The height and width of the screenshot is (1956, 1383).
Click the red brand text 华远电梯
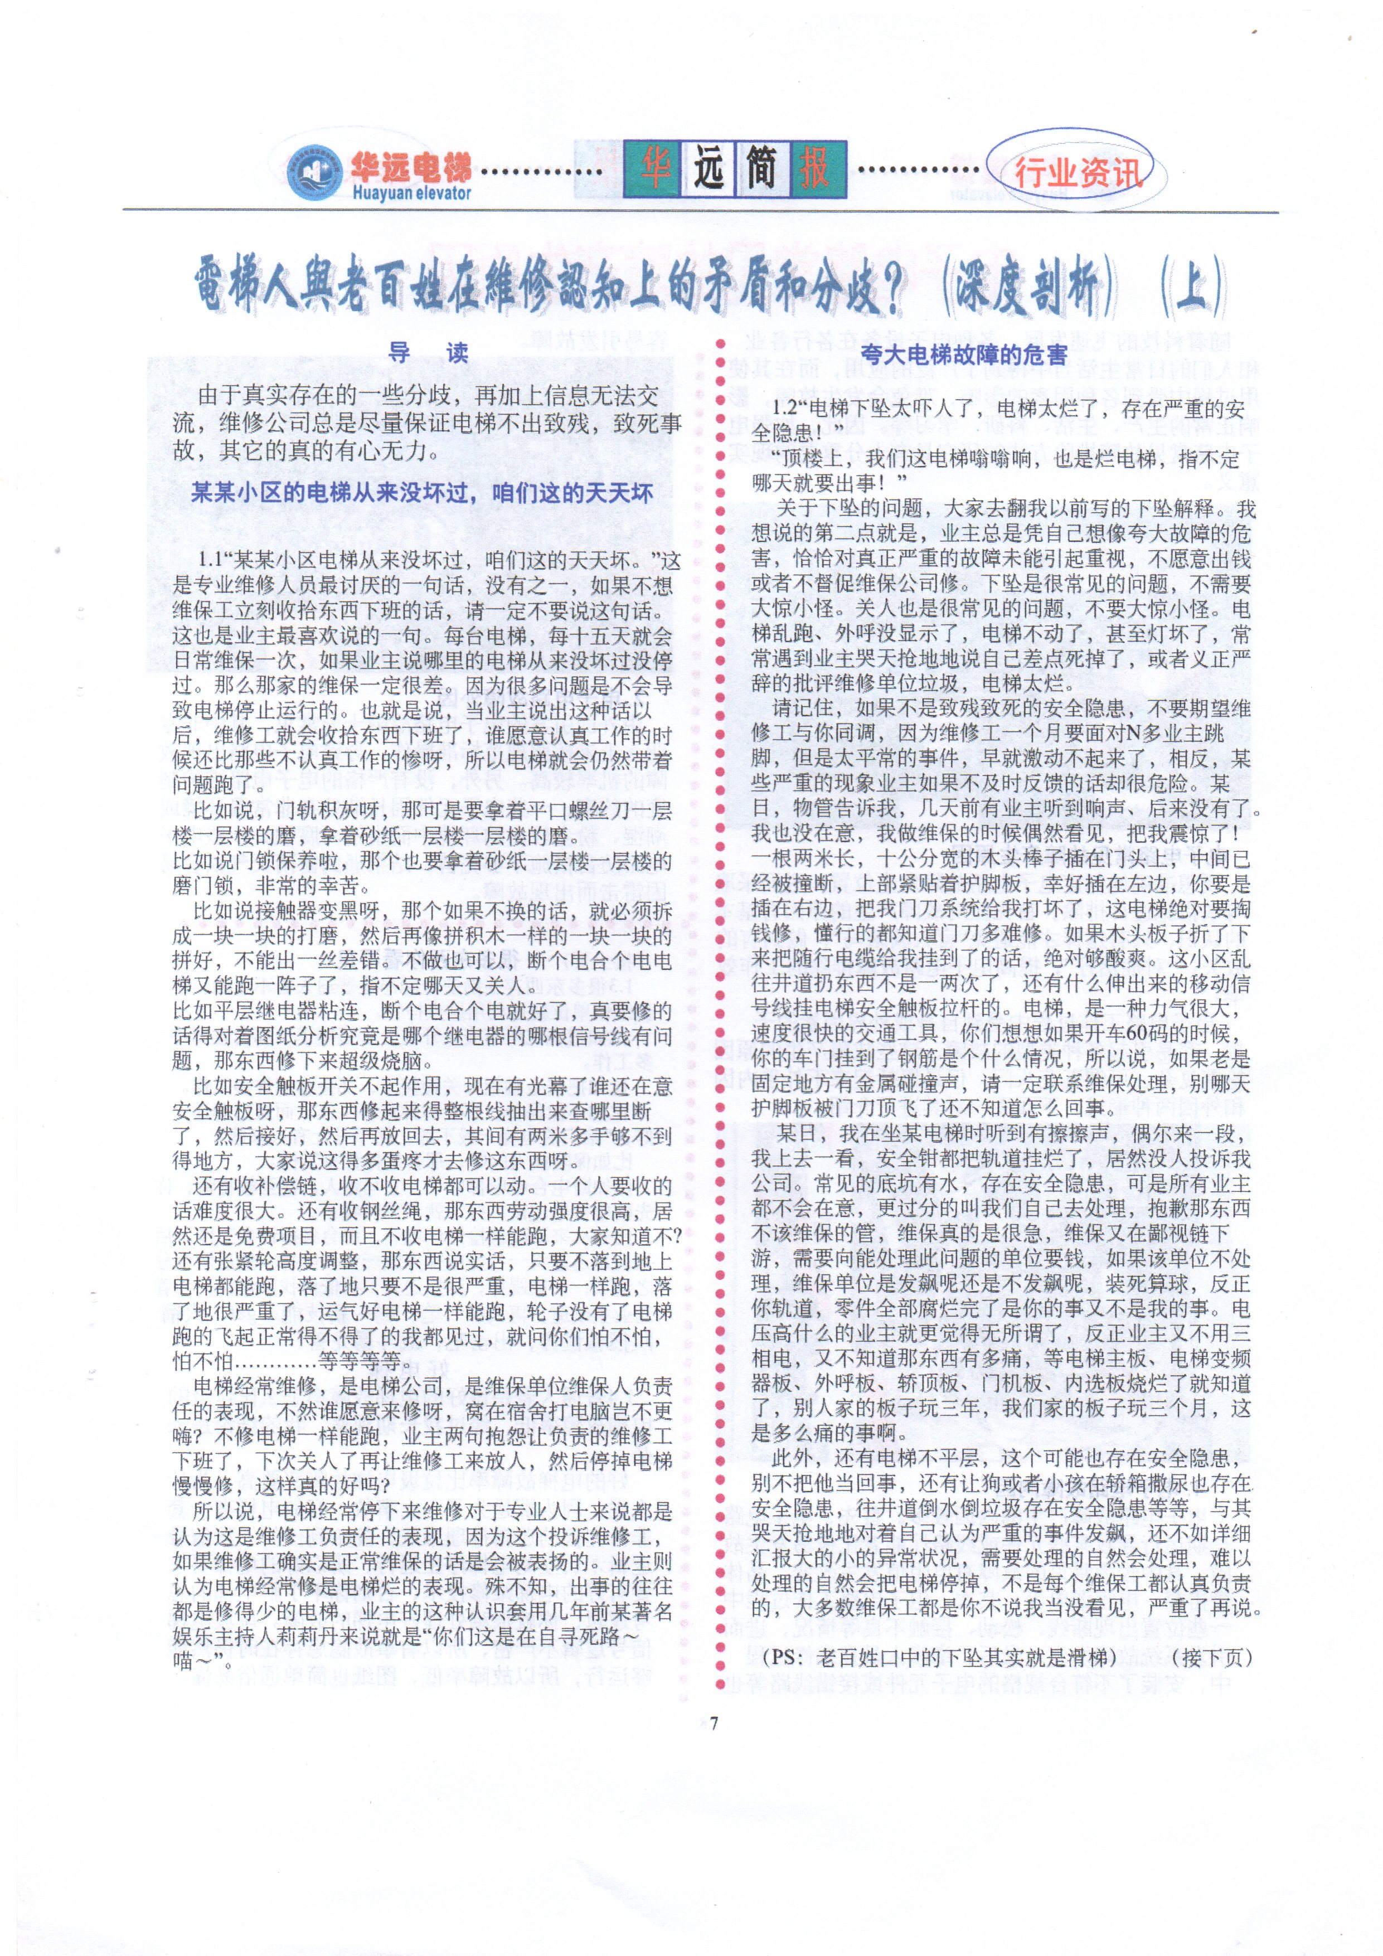(x=410, y=167)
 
